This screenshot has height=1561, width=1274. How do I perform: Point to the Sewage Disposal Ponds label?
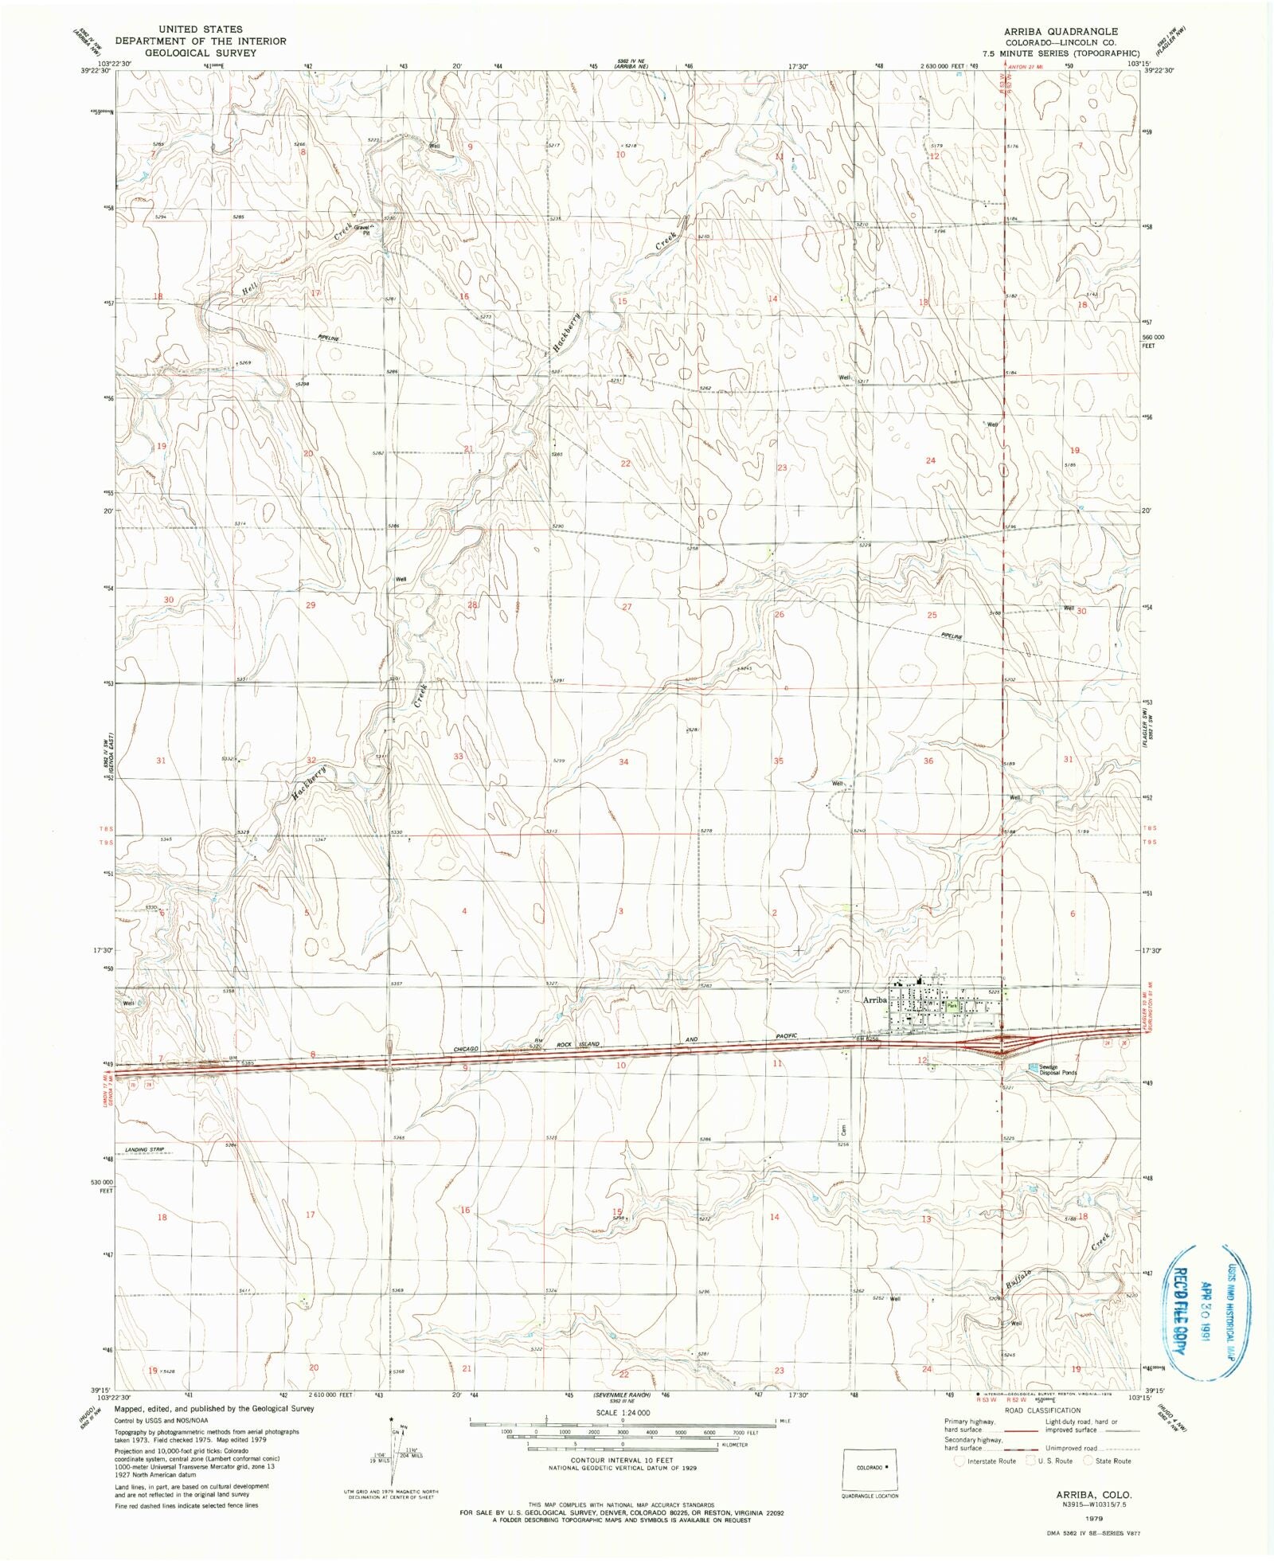pyautogui.click(x=1057, y=1070)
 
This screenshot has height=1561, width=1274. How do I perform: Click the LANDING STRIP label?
pyautogui.click(x=150, y=1151)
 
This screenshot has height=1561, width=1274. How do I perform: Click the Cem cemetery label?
pyautogui.click(x=842, y=1129)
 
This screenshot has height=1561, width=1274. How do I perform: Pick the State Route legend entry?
pyautogui.click(x=1107, y=1461)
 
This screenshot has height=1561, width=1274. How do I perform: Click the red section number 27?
pyautogui.click(x=627, y=607)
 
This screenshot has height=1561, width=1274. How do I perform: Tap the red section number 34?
pyautogui.click(x=623, y=762)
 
